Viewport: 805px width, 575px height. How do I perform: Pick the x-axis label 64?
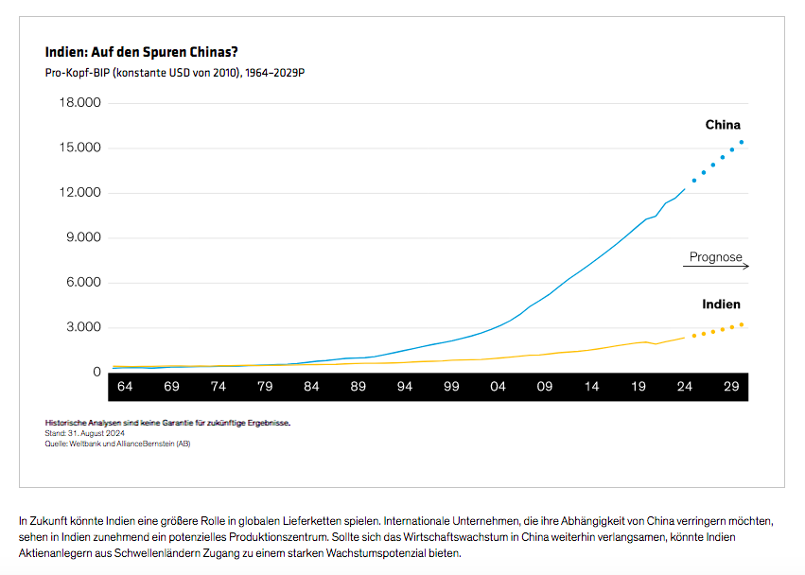[124, 387]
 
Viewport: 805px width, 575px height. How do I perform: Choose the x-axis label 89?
[358, 387]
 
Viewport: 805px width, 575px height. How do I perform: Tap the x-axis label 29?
[731, 387]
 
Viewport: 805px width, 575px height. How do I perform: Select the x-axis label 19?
[639, 387]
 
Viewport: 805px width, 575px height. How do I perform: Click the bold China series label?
[723, 125]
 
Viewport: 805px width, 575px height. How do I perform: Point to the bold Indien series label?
[721, 305]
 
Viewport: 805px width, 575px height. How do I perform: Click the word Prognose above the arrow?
[716, 257]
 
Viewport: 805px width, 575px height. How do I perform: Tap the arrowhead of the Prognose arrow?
[746, 267]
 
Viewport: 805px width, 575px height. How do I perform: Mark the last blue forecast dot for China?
[742, 143]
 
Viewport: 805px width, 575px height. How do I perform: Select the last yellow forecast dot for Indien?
[742, 324]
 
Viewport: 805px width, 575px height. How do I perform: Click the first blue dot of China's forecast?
[694, 181]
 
